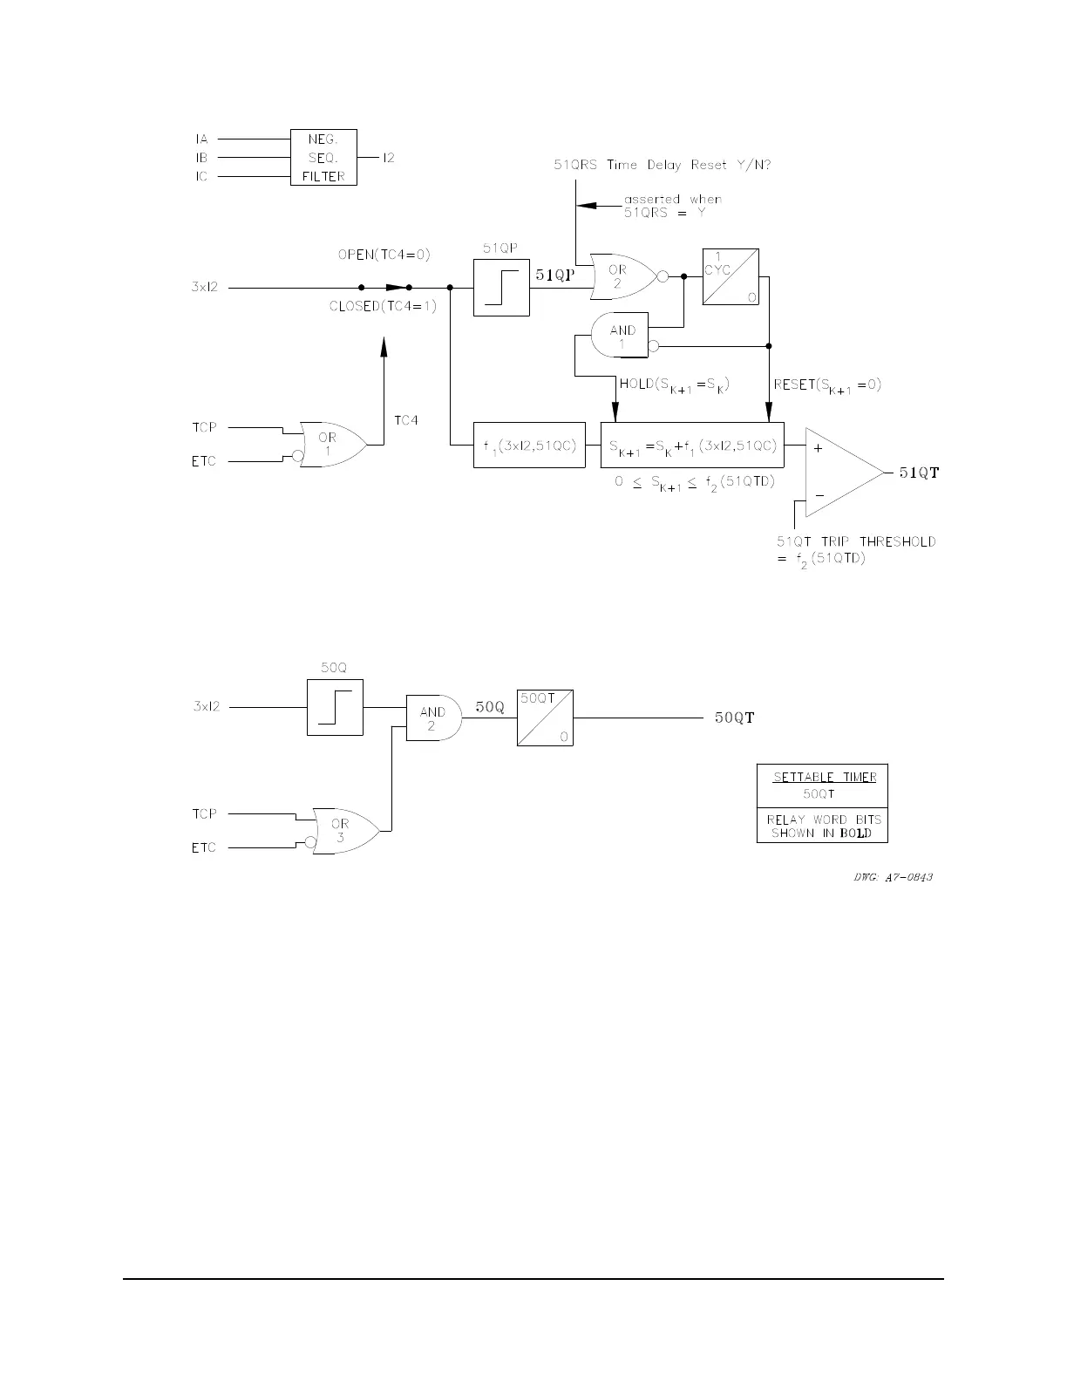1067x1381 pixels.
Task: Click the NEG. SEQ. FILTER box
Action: pyautogui.click(x=323, y=158)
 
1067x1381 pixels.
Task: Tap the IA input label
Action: pyautogui.click(x=200, y=139)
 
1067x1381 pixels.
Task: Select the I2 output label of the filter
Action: pyautogui.click(x=388, y=158)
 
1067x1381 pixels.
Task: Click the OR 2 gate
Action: pyautogui.click(x=622, y=277)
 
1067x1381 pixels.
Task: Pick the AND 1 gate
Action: pyautogui.click(x=620, y=337)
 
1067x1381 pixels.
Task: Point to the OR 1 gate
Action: pyautogui.click(x=330, y=444)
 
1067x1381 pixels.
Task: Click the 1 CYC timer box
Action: pyautogui.click(x=731, y=277)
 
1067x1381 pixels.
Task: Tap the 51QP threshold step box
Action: pyautogui.click(x=501, y=288)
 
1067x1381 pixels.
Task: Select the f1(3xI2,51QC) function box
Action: pyautogui.click(x=529, y=445)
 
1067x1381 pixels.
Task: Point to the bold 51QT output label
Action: pyautogui.click(x=919, y=473)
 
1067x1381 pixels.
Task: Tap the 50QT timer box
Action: pyautogui.click(x=545, y=718)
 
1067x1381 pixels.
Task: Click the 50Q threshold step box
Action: pyautogui.click(x=335, y=707)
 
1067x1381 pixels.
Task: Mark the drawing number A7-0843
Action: pyautogui.click(x=893, y=876)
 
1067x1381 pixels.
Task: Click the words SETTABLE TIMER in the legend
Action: pyautogui.click(x=825, y=777)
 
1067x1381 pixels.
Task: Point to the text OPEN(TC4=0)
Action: pyautogui.click(x=384, y=255)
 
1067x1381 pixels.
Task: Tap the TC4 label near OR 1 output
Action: pyautogui.click(x=406, y=420)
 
